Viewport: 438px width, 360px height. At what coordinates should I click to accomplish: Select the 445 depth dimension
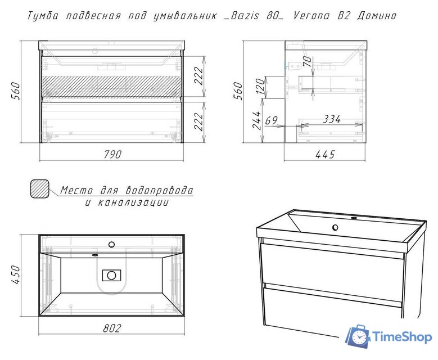pos(324,154)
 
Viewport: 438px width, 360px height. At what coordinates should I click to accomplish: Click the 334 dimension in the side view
pos(332,119)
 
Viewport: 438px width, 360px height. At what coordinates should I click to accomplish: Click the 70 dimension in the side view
pos(307,60)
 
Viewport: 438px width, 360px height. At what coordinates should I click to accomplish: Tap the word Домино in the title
pos(376,16)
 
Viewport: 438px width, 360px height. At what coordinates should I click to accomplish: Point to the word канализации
pos(133,202)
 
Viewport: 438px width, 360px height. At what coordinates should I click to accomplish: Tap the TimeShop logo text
pos(401,337)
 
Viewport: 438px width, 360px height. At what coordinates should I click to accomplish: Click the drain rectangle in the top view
pos(111,275)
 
